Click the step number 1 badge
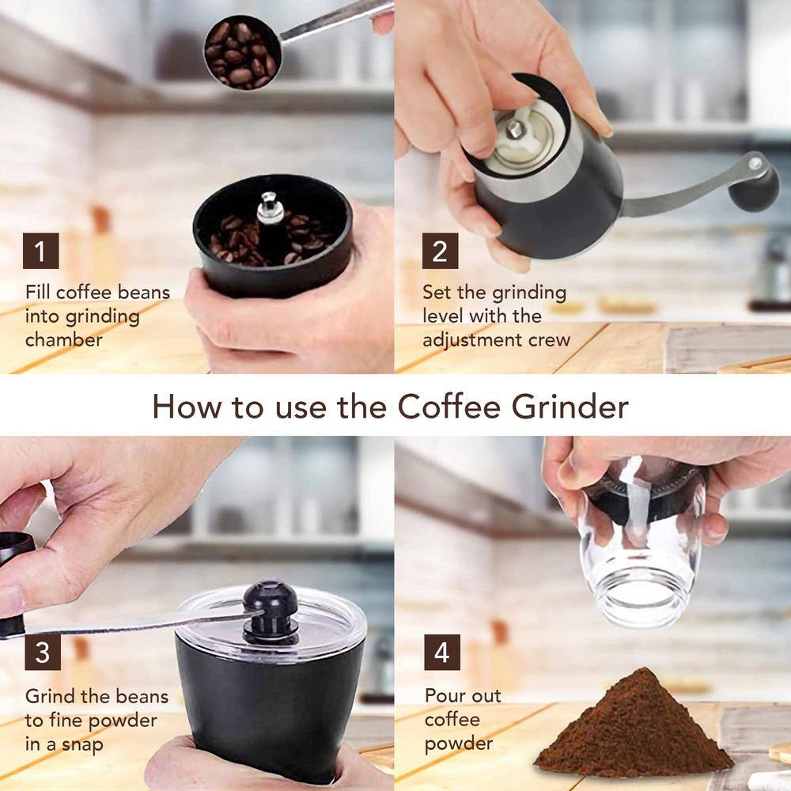(x=41, y=251)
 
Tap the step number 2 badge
(x=440, y=251)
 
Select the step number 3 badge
(x=43, y=652)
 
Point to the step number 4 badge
(x=442, y=652)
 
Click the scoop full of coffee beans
(x=243, y=52)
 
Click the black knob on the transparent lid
(x=270, y=611)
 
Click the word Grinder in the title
(x=570, y=407)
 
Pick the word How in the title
(x=186, y=407)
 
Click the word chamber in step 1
(x=63, y=339)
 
